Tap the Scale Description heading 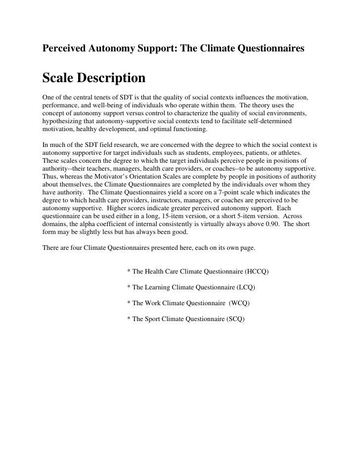[x=94, y=79]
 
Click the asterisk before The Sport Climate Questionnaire [x=129, y=319]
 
